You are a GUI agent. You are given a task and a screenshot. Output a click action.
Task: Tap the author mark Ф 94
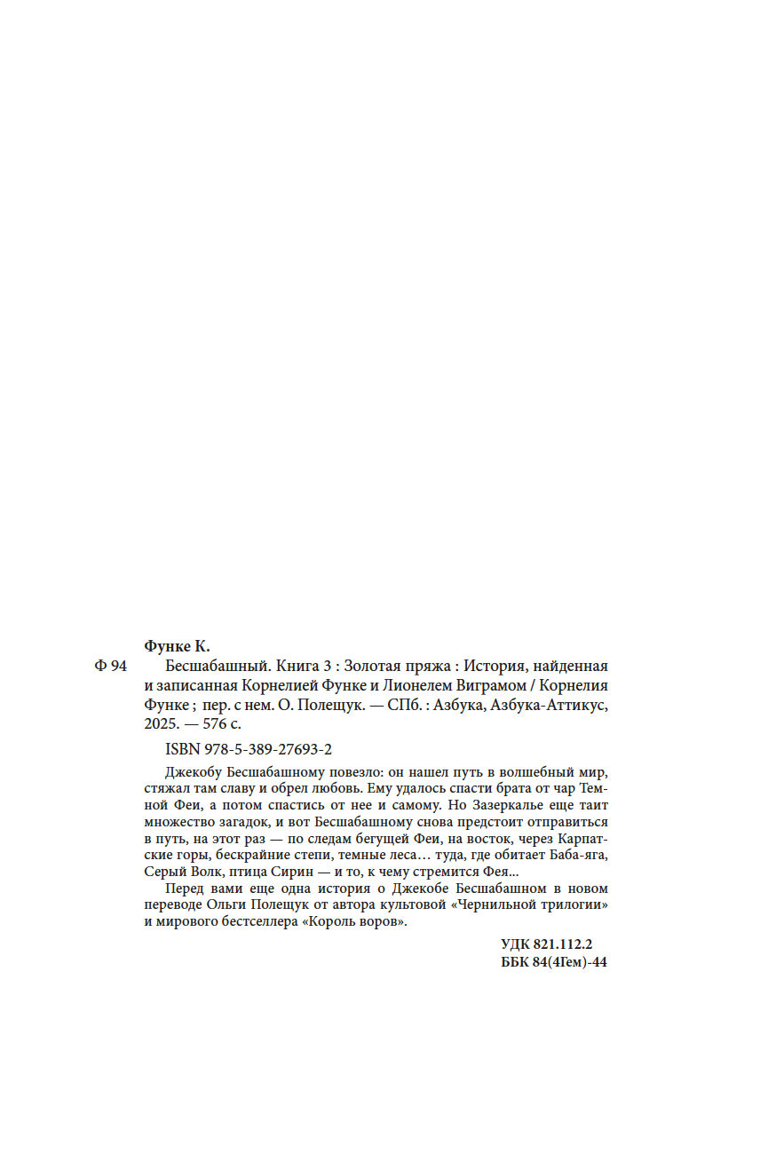coord(110,667)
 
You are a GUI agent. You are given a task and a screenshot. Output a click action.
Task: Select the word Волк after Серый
coord(203,873)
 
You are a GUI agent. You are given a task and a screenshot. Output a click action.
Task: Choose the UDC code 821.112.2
coord(572,946)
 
